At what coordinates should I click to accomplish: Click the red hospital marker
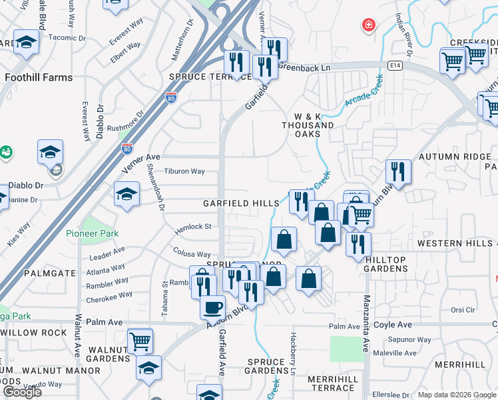tap(367, 26)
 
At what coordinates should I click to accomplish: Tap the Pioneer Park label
tap(92, 233)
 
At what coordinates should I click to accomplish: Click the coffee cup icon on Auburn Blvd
tap(212, 307)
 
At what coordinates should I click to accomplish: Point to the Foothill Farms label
tap(39, 77)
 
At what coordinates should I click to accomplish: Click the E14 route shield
tap(396, 65)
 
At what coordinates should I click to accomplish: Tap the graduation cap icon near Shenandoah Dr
tap(126, 194)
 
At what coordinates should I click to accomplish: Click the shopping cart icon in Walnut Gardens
tap(140, 341)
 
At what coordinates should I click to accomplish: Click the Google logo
tap(22, 392)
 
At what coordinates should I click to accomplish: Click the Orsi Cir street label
tap(462, 310)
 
